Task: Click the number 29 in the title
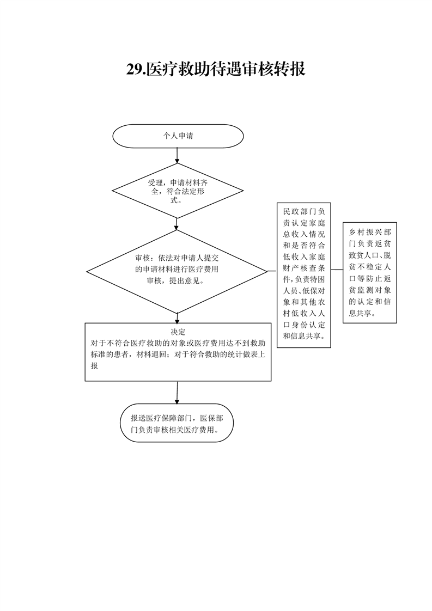point(135,70)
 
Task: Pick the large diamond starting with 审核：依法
point(178,271)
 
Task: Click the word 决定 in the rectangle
point(178,332)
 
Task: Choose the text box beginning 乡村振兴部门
point(370,272)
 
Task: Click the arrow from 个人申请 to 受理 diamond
point(177,156)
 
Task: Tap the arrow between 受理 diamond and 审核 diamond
point(177,224)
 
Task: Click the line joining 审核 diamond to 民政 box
point(272,271)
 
